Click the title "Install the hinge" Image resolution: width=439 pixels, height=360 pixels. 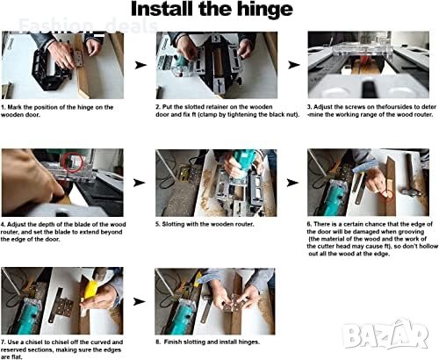212,10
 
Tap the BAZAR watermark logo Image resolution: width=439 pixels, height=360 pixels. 385,335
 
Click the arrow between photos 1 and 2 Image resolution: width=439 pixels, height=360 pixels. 140,65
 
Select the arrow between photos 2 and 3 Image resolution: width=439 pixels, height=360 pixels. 293,65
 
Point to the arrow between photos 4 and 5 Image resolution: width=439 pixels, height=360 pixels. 140,183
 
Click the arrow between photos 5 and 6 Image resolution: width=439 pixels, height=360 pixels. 292,183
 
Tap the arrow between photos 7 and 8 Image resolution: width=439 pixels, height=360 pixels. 140,301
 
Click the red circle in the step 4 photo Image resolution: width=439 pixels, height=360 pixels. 73,162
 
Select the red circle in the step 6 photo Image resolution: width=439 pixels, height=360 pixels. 388,195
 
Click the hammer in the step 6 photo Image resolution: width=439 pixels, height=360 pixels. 411,176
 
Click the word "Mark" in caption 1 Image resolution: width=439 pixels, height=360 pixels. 14,107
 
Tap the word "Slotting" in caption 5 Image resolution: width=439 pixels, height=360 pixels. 174,224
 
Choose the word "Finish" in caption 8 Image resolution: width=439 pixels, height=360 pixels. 173,342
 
